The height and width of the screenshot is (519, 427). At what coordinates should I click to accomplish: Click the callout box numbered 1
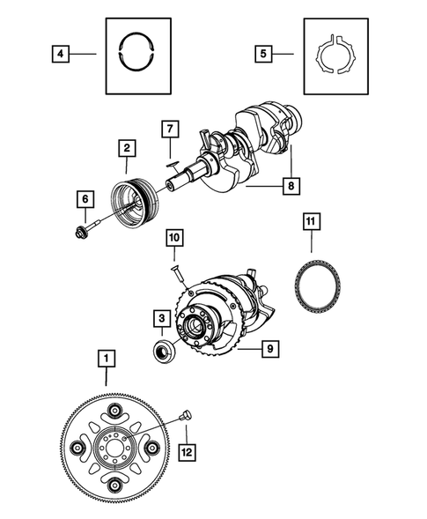pos(107,359)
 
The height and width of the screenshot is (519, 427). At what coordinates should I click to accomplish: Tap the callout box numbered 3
pos(162,317)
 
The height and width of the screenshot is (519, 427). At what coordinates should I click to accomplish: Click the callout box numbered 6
pos(85,200)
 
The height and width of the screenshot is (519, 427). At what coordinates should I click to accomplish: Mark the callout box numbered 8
pos(290,186)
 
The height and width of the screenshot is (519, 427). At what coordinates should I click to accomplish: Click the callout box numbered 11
pos(309,220)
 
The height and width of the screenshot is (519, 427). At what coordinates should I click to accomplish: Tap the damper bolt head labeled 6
pos(79,233)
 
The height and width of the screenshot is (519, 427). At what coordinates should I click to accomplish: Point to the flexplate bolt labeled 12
pos(186,414)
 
